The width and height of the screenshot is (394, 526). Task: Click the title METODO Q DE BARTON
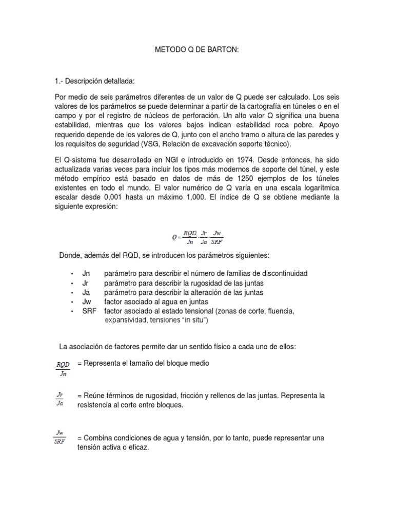196,51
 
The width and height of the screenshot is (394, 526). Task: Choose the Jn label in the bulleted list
86,274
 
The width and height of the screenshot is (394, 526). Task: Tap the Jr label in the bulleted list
85,283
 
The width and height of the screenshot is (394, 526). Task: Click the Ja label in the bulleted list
86,292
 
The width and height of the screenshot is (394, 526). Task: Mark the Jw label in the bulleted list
86,302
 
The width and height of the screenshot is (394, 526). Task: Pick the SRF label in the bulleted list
89,311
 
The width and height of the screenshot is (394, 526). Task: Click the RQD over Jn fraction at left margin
63,368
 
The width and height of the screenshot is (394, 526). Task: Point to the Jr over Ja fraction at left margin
60,400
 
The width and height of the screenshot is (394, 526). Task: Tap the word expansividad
126,320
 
